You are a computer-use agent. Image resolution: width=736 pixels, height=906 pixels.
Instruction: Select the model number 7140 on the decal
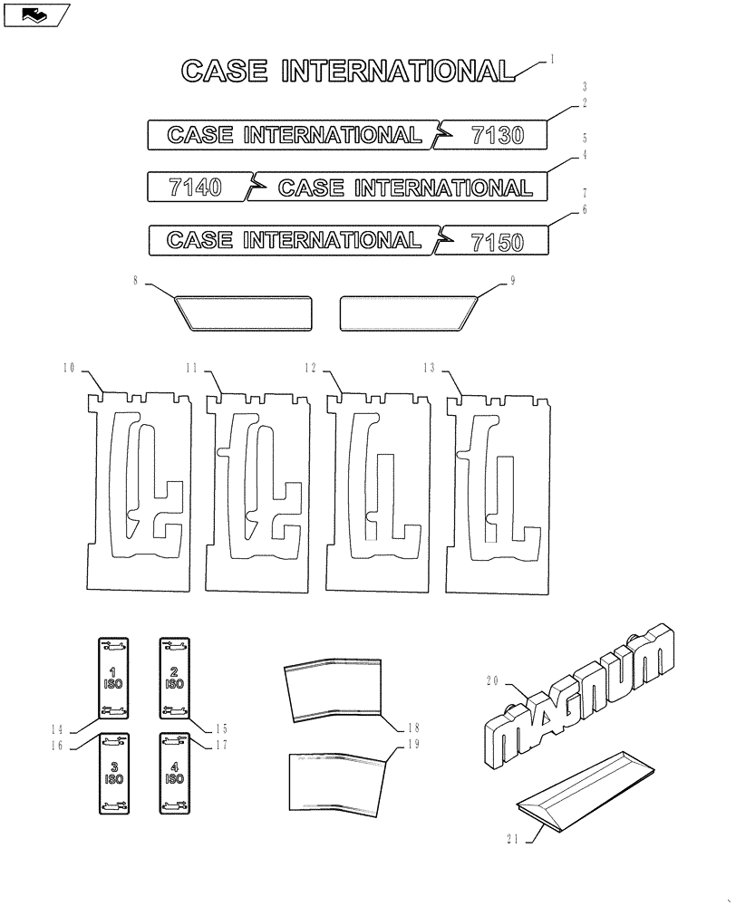(195, 188)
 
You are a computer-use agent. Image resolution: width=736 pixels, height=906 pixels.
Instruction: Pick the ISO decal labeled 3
(112, 773)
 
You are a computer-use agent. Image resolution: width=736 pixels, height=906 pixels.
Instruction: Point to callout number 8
(136, 282)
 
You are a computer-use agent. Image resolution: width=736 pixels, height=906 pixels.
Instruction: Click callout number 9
(512, 282)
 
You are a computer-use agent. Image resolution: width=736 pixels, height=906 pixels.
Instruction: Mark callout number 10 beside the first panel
(69, 368)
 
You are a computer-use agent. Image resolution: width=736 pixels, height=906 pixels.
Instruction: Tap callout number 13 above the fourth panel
(430, 368)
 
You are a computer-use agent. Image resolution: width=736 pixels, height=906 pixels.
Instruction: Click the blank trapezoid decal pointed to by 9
(408, 313)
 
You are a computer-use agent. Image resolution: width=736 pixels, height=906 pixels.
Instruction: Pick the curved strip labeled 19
(336, 780)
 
